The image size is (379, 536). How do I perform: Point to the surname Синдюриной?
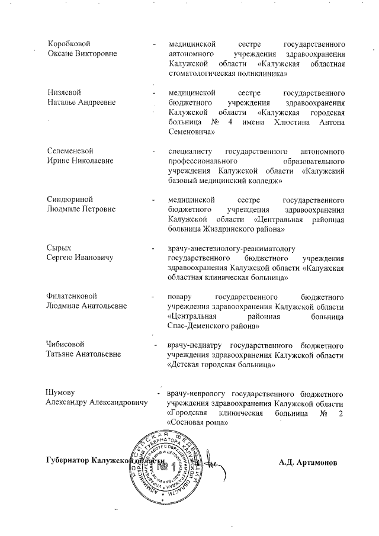click(70, 200)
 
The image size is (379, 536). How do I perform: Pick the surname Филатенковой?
click(72, 295)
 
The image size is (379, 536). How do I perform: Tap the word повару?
click(181, 295)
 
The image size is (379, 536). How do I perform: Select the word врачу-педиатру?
click(196, 344)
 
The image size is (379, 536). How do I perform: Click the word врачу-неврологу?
click(197, 393)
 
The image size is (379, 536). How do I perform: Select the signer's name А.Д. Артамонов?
click(308, 461)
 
